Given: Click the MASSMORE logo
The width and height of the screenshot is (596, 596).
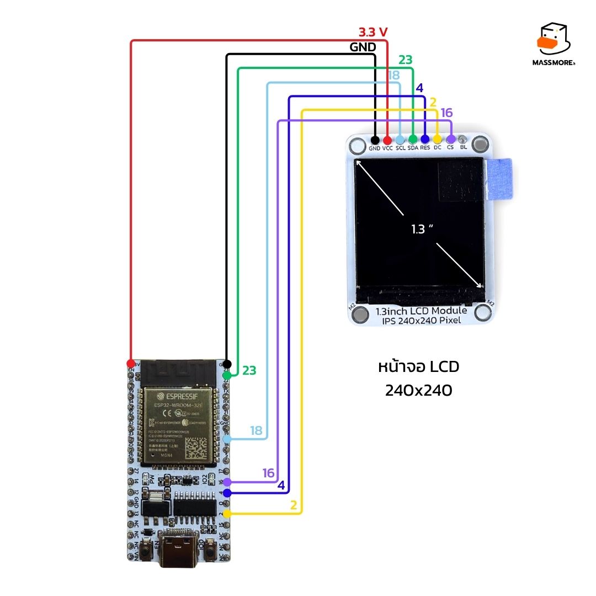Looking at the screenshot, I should (555, 45).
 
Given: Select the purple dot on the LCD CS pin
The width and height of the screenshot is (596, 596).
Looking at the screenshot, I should (450, 140).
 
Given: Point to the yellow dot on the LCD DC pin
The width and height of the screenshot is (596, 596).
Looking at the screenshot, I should (438, 140).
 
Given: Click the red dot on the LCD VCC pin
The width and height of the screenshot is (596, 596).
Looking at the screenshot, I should (387, 140).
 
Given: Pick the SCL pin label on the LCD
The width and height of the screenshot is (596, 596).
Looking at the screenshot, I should (400, 148).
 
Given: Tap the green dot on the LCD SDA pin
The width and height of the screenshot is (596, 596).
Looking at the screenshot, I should (413, 140).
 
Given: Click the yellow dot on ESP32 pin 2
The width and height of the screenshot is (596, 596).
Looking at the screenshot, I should (227, 514).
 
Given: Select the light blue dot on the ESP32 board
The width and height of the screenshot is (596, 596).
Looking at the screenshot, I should (227, 439).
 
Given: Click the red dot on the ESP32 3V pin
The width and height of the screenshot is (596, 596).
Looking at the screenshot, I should (131, 363).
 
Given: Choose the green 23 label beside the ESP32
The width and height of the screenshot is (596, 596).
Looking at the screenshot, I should (249, 371).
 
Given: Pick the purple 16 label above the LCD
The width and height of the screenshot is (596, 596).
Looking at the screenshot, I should (446, 113).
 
